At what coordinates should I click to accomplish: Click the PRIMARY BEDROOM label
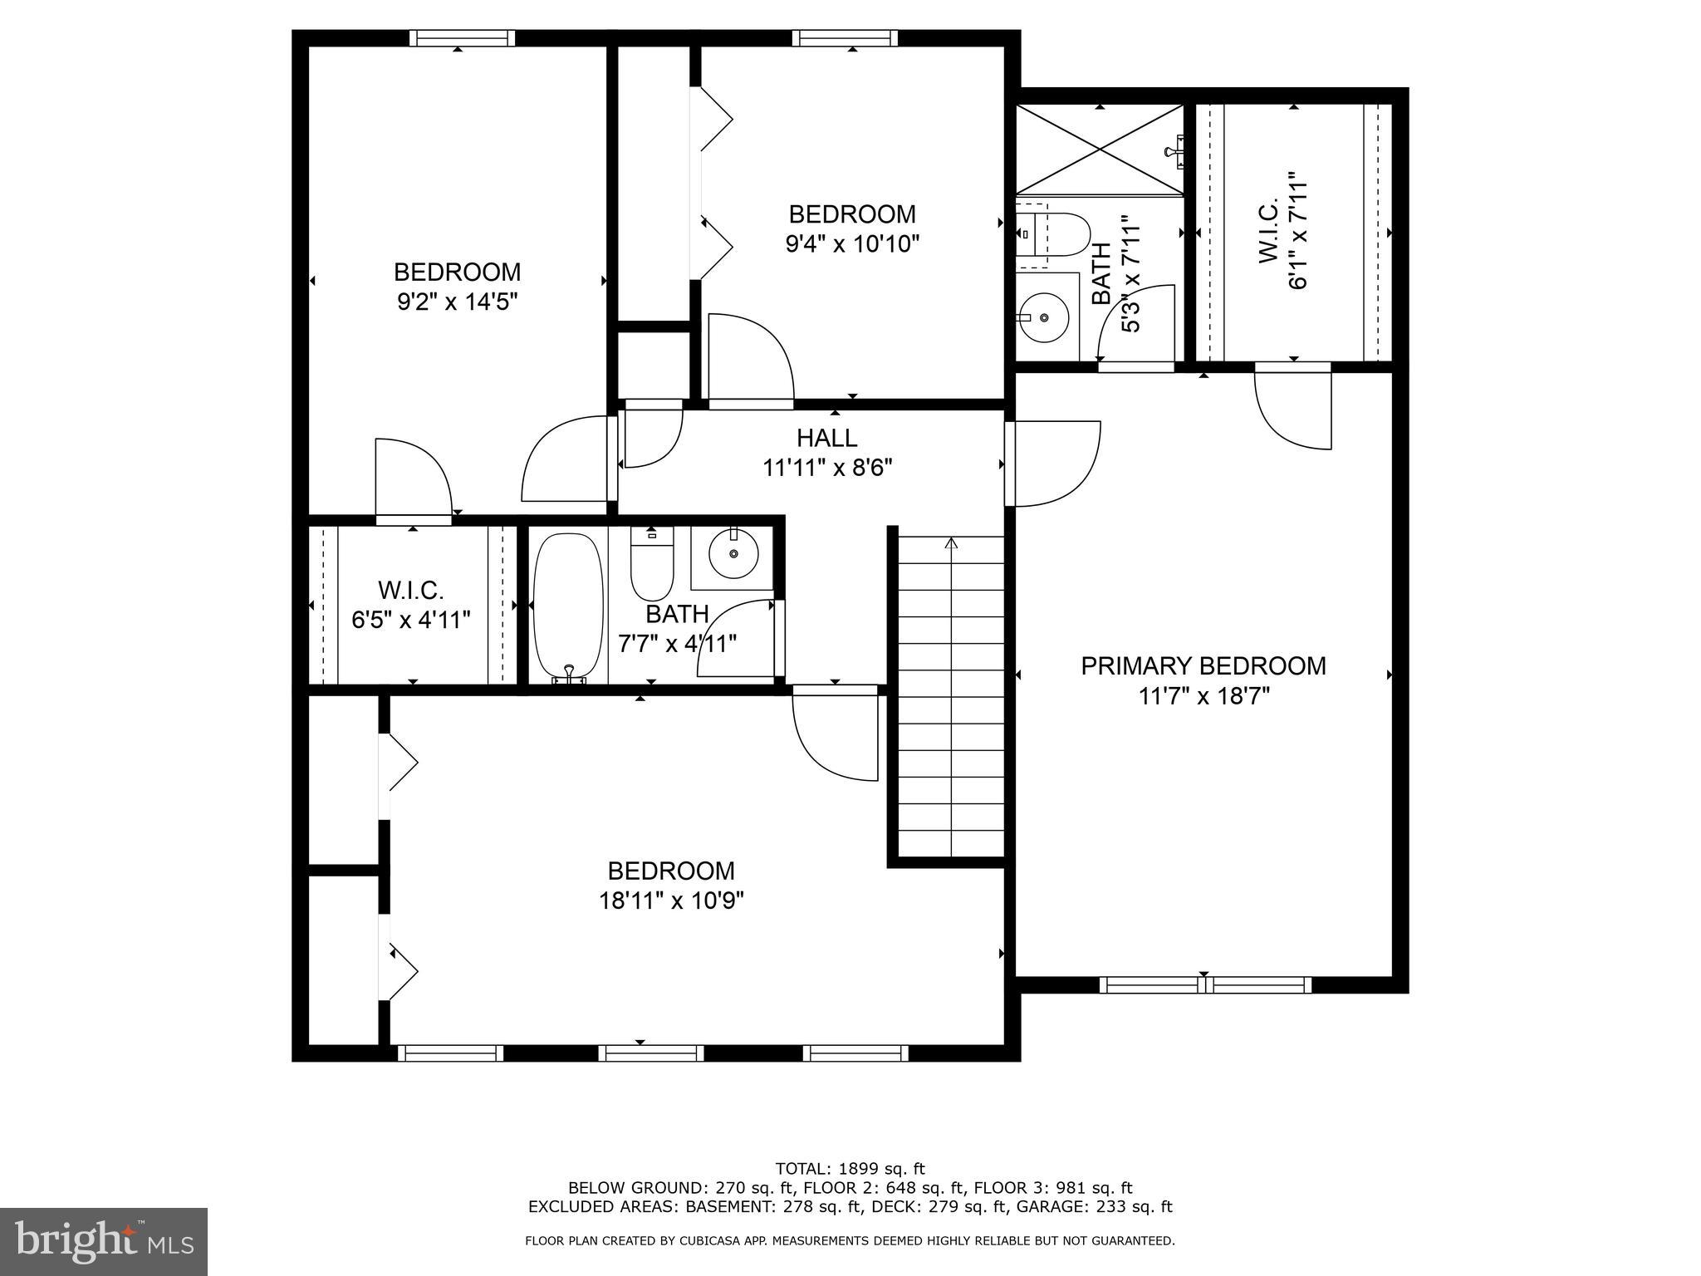(1203, 665)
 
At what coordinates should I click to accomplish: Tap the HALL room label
(826, 438)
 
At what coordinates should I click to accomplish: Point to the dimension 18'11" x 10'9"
(671, 901)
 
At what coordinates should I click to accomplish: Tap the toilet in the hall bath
(652, 565)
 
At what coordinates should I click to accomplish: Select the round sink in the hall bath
(733, 553)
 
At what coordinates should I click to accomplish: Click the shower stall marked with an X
(1100, 150)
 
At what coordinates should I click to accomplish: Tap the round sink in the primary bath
(1044, 317)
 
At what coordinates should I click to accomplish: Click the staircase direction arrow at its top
(951, 543)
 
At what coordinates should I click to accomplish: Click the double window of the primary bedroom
(1205, 985)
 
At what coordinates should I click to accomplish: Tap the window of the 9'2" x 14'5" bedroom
(462, 38)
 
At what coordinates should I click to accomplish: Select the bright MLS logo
(104, 1240)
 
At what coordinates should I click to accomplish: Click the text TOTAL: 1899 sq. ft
(850, 1169)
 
